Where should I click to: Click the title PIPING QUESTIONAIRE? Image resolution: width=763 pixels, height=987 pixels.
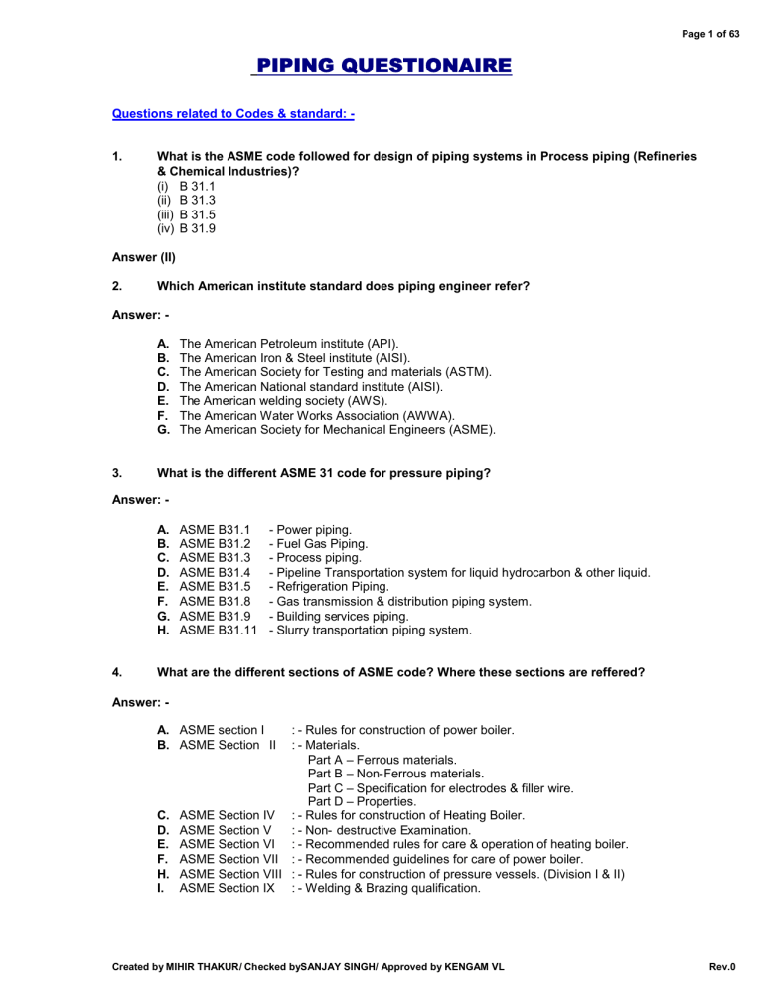pyautogui.click(x=381, y=68)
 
